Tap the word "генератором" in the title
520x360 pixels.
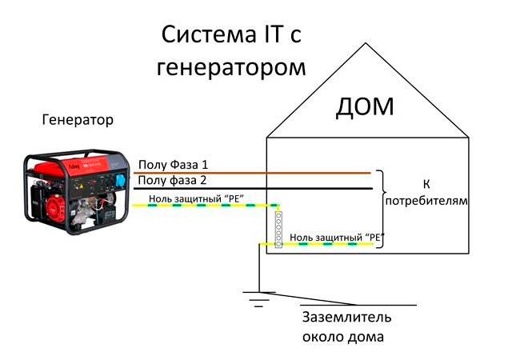click(x=231, y=67)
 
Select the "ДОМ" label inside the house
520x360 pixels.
click(x=364, y=106)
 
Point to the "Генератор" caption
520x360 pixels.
click(x=77, y=120)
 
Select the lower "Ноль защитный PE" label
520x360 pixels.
click(x=337, y=238)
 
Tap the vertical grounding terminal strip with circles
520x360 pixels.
click(x=279, y=228)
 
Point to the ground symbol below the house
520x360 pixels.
click(x=258, y=299)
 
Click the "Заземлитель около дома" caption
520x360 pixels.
click(x=346, y=326)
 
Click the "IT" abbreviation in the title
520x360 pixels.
click(x=270, y=36)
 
